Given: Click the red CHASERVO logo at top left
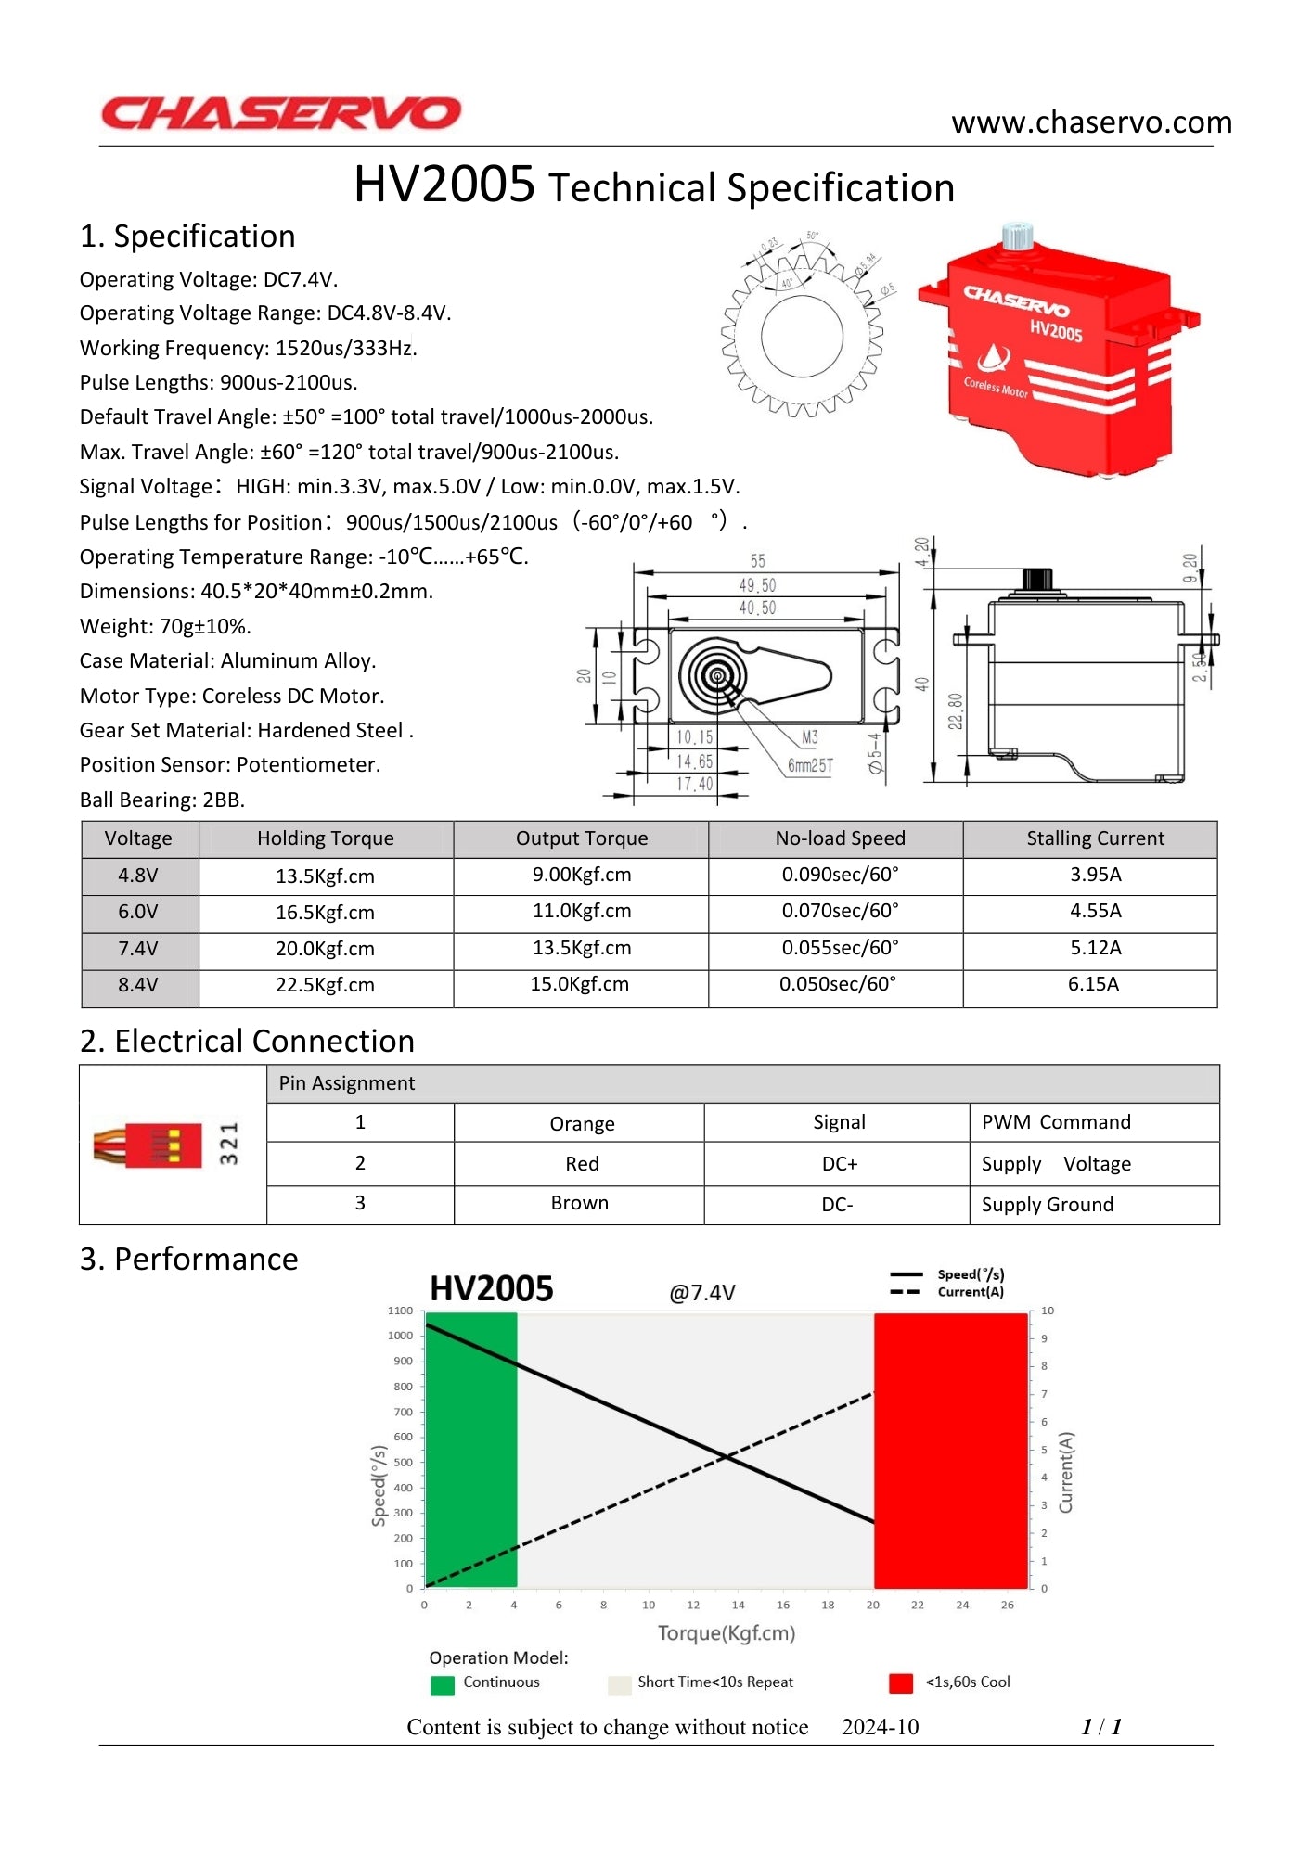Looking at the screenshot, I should (280, 113).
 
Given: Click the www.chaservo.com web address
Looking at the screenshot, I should (1091, 122).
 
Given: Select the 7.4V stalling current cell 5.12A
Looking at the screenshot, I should (1095, 948).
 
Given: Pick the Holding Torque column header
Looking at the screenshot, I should (325, 838).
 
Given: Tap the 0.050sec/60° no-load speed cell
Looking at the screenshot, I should (837, 984).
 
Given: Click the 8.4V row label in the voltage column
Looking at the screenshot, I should (138, 985).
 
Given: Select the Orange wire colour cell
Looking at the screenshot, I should (582, 1124).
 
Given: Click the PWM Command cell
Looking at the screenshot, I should (1056, 1122).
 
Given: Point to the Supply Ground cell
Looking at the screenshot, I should (1047, 1205).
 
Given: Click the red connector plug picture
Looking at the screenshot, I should (148, 1145).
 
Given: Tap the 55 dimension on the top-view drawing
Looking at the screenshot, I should (758, 561).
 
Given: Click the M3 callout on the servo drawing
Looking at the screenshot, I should (809, 737).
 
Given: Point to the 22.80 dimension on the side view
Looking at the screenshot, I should (956, 711).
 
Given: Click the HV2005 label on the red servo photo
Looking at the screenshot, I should (1056, 330).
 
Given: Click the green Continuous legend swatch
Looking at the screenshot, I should (443, 1684).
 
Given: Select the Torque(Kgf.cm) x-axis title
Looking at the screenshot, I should (727, 1633).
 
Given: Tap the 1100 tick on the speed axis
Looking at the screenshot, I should (401, 1311).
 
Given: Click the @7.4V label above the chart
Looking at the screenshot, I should (702, 1293).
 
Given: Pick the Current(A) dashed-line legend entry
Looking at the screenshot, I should (970, 1292).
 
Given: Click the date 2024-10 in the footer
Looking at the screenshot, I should (880, 1727).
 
